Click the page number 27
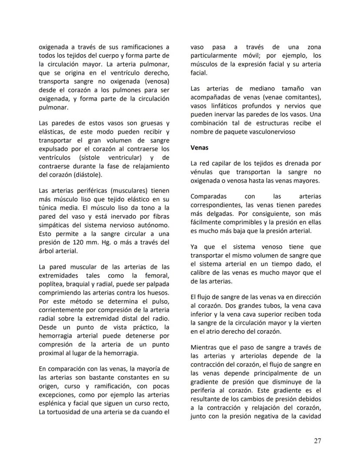click(x=317, y=441)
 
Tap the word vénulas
click(x=203, y=172)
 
